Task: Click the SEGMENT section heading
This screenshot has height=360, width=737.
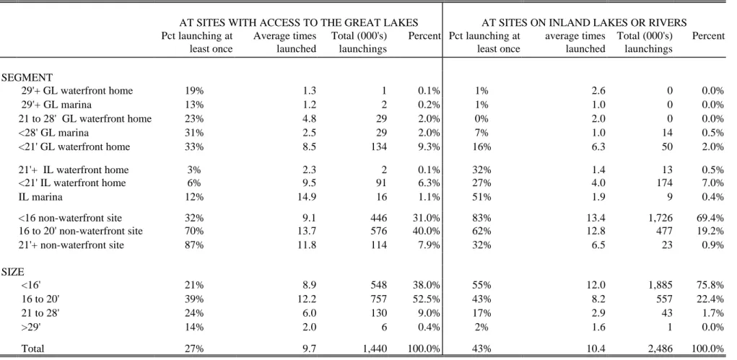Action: (27, 77)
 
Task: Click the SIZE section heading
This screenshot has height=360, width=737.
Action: (13, 272)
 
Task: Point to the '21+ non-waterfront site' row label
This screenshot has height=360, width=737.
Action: (71, 245)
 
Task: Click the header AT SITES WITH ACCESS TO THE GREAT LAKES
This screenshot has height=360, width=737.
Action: (299, 22)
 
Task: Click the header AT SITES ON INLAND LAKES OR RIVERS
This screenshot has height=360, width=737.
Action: (584, 22)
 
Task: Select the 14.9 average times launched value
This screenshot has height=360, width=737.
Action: (308, 197)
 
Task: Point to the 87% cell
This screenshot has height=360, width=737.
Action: (194, 245)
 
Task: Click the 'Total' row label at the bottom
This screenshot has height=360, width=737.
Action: (32, 348)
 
